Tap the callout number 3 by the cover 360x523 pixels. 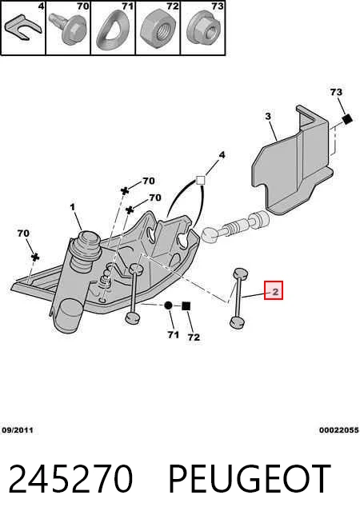[268, 117]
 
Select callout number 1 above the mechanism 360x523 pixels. [73, 207]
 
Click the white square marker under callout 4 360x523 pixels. [200, 181]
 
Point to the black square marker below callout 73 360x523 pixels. [347, 119]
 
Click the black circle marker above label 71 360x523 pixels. [169, 305]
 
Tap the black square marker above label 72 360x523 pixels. [186, 305]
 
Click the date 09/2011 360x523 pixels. [18, 430]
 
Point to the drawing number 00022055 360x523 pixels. [338, 430]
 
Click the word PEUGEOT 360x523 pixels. [250, 479]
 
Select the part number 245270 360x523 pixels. [70, 479]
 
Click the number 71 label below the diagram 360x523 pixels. [173, 334]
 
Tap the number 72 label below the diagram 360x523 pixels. [194, 337]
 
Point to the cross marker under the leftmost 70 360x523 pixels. [35, 258]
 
